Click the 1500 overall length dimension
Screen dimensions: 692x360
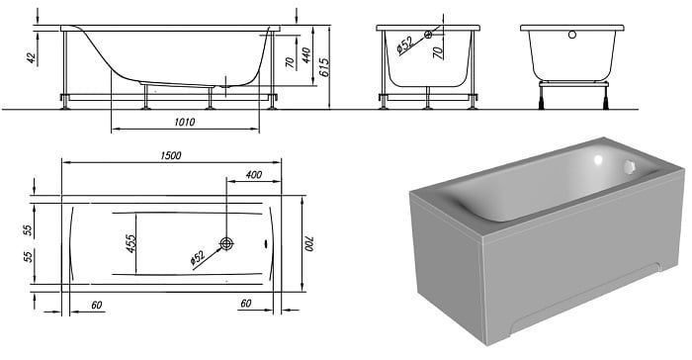[171, 155]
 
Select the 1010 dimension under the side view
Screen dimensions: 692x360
[185, 122]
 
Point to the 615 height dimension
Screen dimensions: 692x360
[324, 67]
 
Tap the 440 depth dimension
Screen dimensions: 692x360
[305, 55]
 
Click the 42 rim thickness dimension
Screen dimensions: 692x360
[32, 58]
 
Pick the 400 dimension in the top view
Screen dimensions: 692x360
[254, 175]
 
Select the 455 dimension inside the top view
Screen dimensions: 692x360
[131, 244]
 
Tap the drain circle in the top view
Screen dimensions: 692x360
[226, 243]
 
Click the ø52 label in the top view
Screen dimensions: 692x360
[198, 258]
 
